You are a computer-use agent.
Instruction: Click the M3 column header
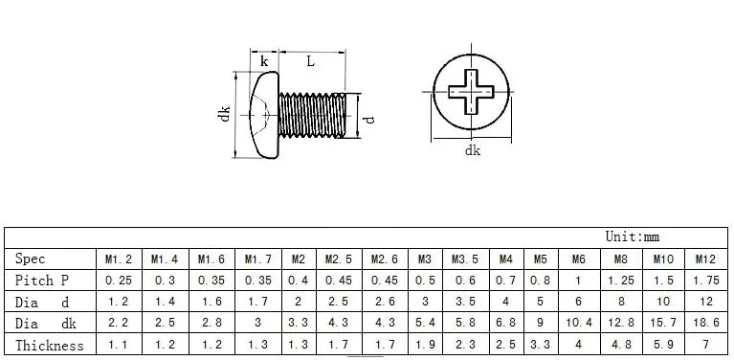tap(425, 259)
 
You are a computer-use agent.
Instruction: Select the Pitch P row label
tap(42, 281)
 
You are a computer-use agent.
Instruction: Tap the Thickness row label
tap(50, 346)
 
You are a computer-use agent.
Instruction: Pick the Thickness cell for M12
tap(705, 345)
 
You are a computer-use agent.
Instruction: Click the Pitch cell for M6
tap(578, 281)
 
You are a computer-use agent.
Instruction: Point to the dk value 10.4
tap(579, 323)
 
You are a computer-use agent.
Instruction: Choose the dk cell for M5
tap(540, 323)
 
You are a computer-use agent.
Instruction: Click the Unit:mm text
tap(632, 236)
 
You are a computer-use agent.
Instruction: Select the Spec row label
tap(30, 259)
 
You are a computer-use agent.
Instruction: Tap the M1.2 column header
tap(119, 259)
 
